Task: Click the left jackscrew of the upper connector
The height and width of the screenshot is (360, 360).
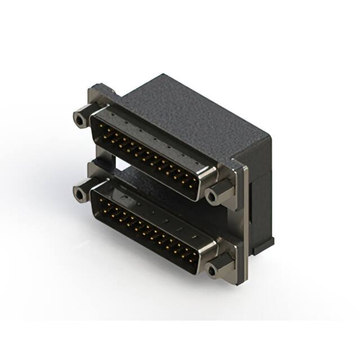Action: [80, 119]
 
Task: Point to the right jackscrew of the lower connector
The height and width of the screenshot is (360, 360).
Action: [212, 271]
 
